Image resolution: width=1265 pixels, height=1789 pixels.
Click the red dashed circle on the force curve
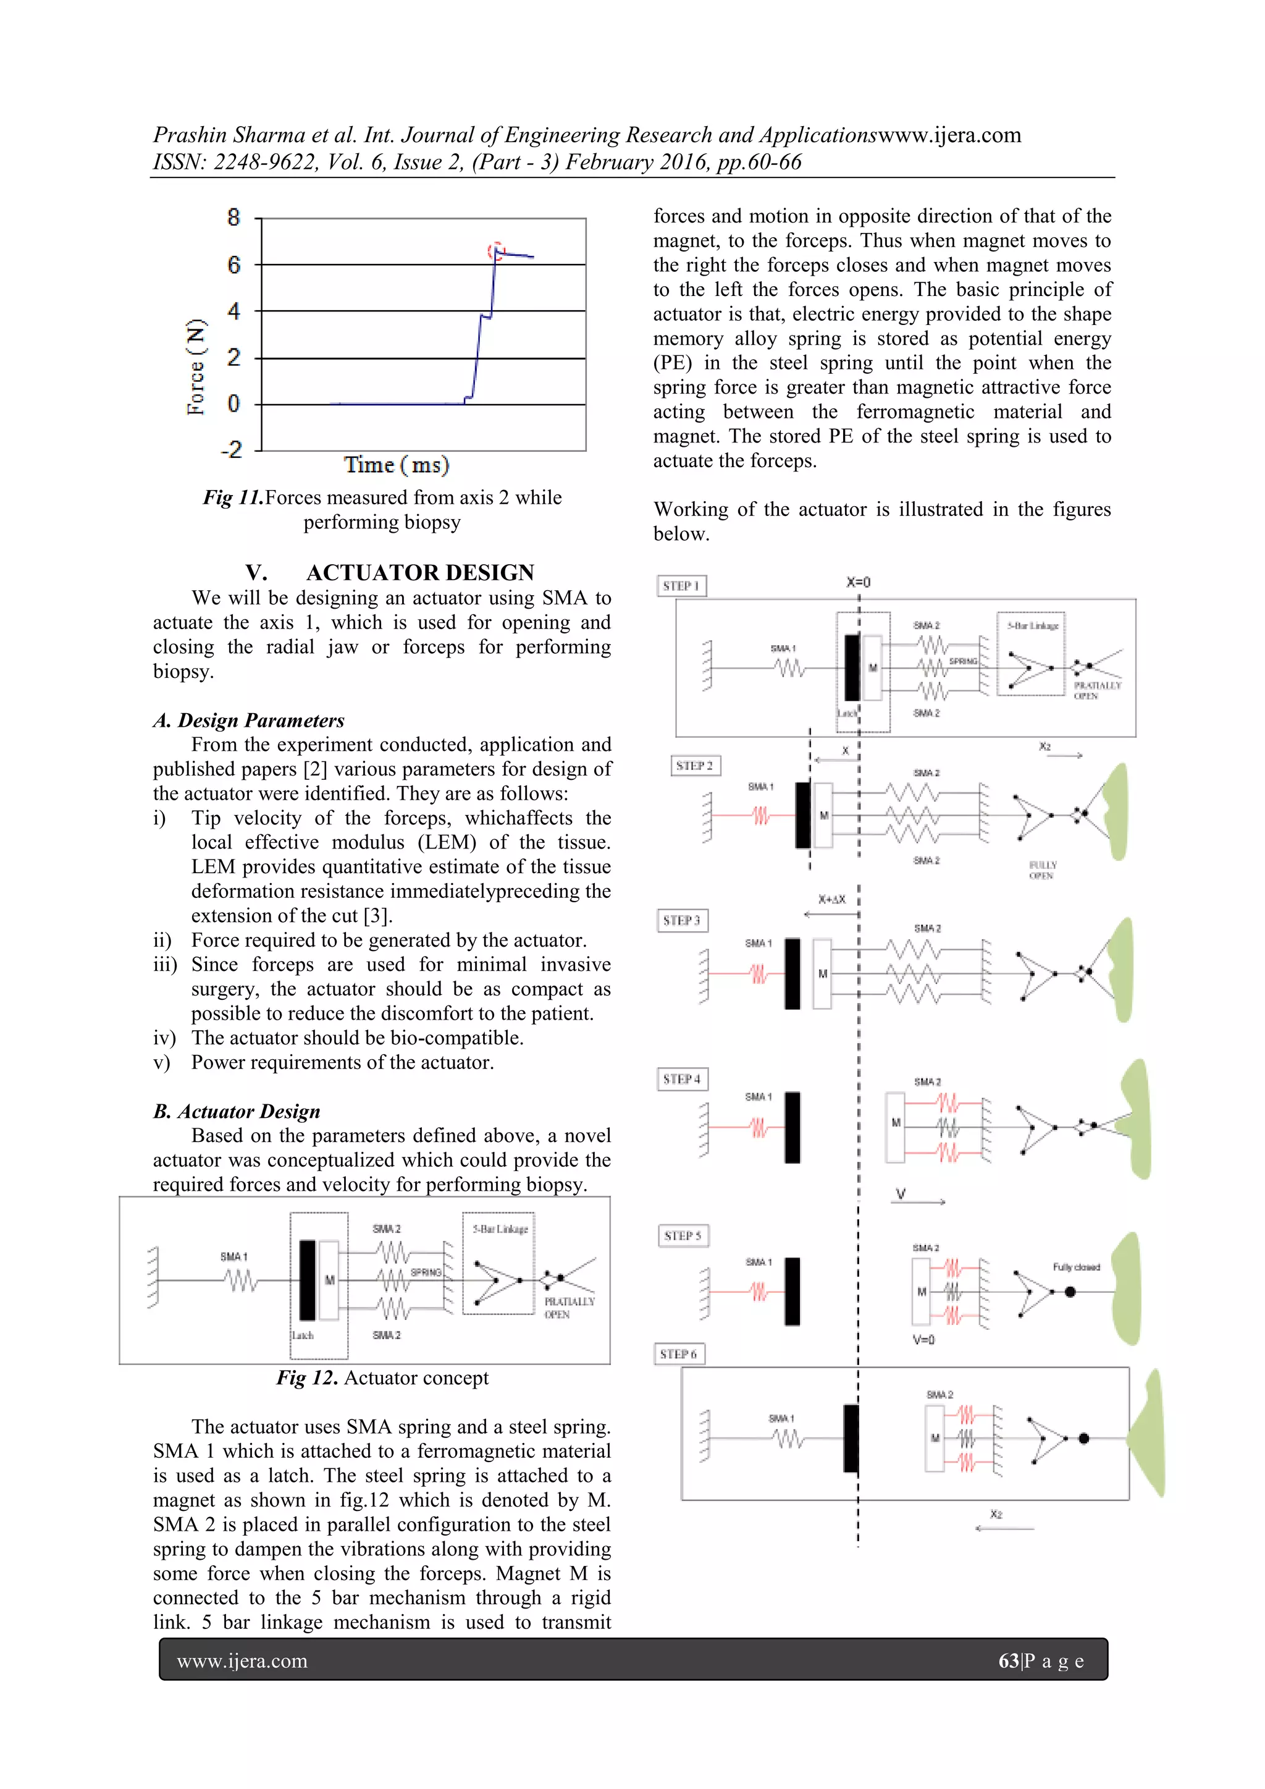pyautogui.click(x=496, y=251)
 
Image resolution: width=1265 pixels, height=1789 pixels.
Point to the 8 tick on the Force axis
pyautogui.click(x=233, y=218)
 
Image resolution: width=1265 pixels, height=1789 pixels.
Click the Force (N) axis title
pyautogui.click(x=196, y=366)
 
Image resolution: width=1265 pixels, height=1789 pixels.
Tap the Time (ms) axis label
pyautogui.click(x=397, y=465)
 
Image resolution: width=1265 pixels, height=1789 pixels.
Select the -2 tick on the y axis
pyautogui.click(x=232, y=450)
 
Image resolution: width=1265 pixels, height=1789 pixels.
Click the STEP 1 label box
pyautogui.click(x=681, y=586)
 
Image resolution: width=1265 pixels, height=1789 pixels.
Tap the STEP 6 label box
pyautogui.click(x=678, y=1354)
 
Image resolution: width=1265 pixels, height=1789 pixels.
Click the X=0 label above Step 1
pyautogui.click(x=859, y=582)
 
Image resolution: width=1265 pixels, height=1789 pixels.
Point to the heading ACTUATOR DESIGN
pyautogui.click(x=420, y=573)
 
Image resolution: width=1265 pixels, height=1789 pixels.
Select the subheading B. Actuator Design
pyautogui.click(x=237, y=1111)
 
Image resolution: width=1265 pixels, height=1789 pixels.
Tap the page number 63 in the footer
pyautogui.click(x=1009, y=1660)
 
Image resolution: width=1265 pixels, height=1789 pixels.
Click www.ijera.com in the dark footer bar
pyautogui.click(x=242, y=1660)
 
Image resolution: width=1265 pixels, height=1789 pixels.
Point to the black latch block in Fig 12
pyautogui.click(x=308, y=1280)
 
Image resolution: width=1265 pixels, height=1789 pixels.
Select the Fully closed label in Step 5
pyautogui.click(x=1076, y=1267)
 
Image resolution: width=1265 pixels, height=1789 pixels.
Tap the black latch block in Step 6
pyautogui.click(x=851, y=1439)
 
